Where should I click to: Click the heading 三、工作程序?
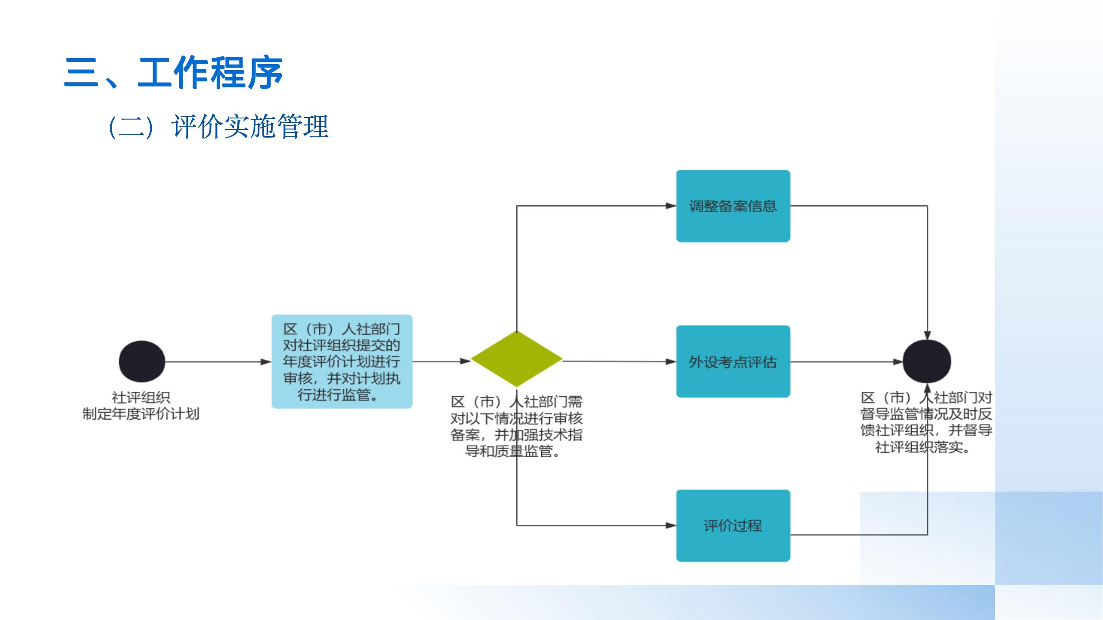pyautogui.click(x=173, y=72)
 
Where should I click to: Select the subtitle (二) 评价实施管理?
pyautogui.click(x=218, y=127)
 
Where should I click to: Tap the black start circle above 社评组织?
pyautogui.click(x=142, y=361)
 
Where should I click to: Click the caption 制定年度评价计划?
pyautogui.click(x=141, y=414)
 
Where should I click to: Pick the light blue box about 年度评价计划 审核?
pyautogui.click(x=342, y=361)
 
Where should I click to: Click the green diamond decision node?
pyautogui.click(x=517, y=359)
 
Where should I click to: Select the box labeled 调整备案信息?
pyautogui.click(x=733, y=206)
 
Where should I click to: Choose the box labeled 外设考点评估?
pyautogui.click(x=733, y=361)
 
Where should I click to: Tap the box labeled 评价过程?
pyautogui.click(x=733, y=525)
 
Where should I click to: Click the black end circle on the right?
pyautogui.click(x=927, y=361)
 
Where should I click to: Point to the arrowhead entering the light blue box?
pyautogui.click(x=266, y=362)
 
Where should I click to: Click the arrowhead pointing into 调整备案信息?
pyautogui.click(x=671, y=206)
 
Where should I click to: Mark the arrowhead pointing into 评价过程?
pyautogui.click(x=671, y=525)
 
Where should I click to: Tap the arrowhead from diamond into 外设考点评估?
pyautogui.click(x=671, y=362)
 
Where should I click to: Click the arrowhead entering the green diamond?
pyautogui.click(x=466, y=361)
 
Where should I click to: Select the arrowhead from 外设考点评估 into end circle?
pyautogui.click(x=898, y=362)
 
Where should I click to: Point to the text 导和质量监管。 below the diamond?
pyautogui.click(x=513, y=452)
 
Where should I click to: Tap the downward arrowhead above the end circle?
pyautogui.click(x=927, y=335)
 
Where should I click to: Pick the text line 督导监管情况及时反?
pyautogui.click(x=926, y=414)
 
